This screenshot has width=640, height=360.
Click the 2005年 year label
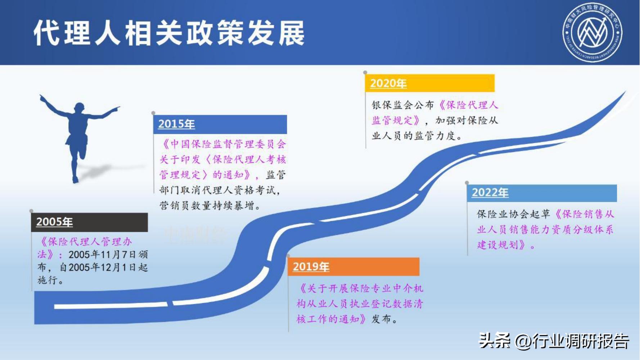pos(54,222)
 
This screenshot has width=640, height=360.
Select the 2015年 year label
pos(176,124)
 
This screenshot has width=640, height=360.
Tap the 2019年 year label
pos(311,267)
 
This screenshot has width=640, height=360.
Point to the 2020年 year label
pos(388,84)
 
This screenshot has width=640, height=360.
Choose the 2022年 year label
pos(490,193)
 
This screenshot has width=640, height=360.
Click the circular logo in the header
pos(592,32)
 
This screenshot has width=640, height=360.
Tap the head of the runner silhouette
pos(79,108)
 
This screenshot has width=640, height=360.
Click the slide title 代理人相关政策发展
pos(169,33)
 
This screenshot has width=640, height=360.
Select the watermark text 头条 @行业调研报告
pos(554,341)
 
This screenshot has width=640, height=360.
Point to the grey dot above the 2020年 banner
pos(365,73)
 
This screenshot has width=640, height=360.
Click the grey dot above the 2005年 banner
pos(31,211)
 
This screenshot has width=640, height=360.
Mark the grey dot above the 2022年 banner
pos(467,183)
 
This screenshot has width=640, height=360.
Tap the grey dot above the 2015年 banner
pos(153,113)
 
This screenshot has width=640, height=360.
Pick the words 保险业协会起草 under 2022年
pos(513,215)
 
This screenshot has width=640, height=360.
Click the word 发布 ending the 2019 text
pos(381,319)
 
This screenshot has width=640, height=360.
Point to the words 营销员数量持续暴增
pos(207,206)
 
